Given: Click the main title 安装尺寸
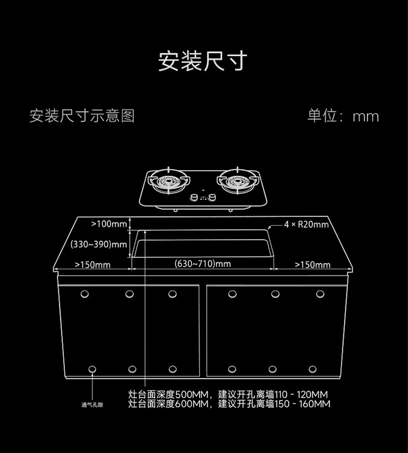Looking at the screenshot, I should pyautogui.click(x=203, y=61).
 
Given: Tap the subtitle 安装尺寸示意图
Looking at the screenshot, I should pyautogui.click(x=82, y=116).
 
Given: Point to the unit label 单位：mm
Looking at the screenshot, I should pyautogui.click(x=343, y=116).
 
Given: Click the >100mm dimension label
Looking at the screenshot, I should pyautogui.click(x=109, y=224).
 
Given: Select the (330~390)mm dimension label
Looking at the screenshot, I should pyautogui.click(x=99, y=245).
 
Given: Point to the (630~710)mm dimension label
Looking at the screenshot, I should pyautogui.click(x=202, y=264).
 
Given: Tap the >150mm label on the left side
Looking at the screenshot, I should pyautogui.click(x=92, y=265).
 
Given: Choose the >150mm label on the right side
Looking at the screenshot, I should pyautogui.click(x=312, y=265).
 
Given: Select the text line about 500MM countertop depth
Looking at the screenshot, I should pyautogui.click(x=228, y=394).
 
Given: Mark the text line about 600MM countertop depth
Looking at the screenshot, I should pyautogui.click(x=229, y=404).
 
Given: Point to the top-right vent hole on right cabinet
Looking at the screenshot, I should pyautogui.click(x=319, y=294).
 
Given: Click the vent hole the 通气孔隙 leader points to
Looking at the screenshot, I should pyautogui.click(x=92, y=369).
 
